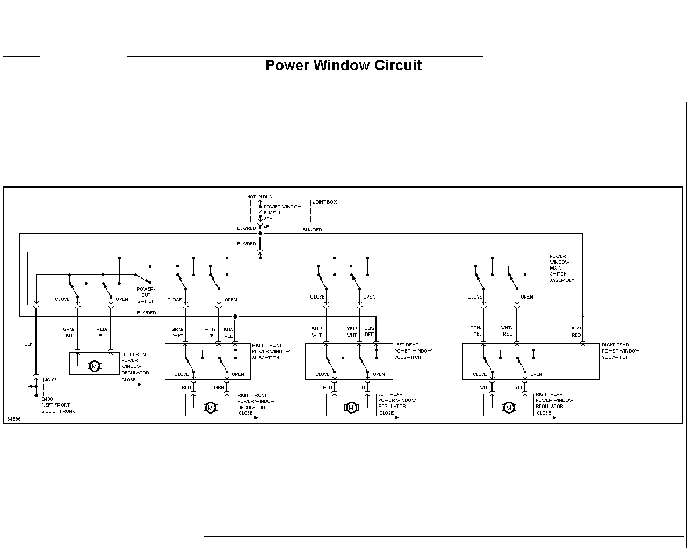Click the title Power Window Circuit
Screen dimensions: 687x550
point(344,65)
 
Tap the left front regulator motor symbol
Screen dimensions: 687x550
point(94,366)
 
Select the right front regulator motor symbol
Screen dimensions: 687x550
point(211,408)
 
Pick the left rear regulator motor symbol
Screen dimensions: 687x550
point(351,408)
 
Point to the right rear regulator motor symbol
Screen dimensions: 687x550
point(509,408)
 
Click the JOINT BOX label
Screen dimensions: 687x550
point(324,202)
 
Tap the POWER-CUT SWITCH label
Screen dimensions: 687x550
point(146,295)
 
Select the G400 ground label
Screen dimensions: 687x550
point(47,399)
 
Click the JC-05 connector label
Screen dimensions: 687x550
point(50,380)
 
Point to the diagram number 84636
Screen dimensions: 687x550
point(14,419)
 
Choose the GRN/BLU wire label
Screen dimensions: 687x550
point(69,332)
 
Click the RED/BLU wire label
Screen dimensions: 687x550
point(102,332)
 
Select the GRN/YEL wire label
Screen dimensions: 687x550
point(476,331)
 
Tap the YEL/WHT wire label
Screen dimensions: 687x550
point(352,331)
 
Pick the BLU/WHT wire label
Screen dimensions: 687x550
point(317,331)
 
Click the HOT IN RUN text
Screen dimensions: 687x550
point(260,197)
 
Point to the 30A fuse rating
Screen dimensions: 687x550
point(268,219)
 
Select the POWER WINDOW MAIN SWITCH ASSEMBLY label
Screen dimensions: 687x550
point(562,268)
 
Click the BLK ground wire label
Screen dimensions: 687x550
point(28,344)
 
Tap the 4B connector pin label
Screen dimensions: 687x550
point(266,227)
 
